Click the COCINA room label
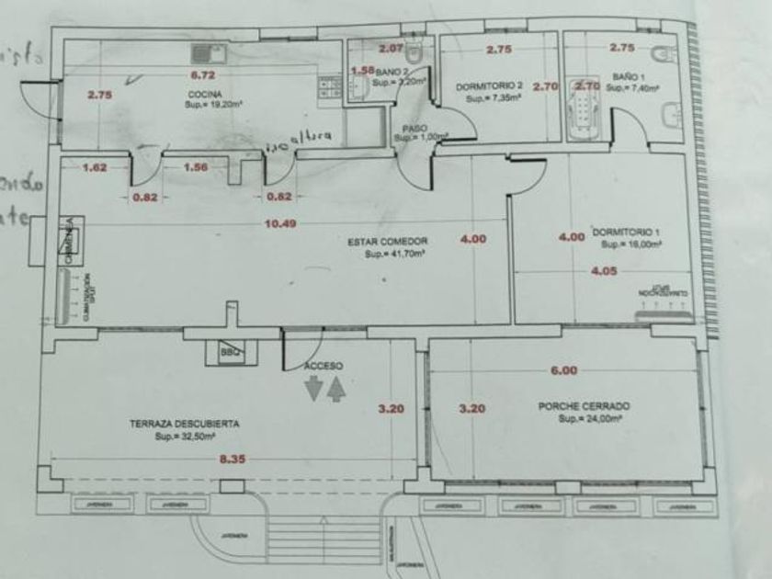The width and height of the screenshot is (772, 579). point(202,94)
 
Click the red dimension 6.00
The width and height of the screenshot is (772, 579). point(563,371)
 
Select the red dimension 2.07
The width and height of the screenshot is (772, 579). point(392,47)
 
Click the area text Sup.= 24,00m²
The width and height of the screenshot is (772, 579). point(591,418)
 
